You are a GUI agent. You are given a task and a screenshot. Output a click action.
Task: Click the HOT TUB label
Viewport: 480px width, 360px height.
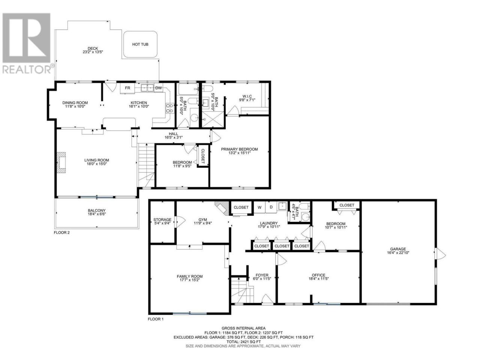(140, 44)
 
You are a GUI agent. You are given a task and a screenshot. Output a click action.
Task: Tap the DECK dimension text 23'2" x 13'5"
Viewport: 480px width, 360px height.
(93, 52)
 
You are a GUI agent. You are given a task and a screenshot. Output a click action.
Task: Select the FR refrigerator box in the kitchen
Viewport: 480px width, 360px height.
(127, 88)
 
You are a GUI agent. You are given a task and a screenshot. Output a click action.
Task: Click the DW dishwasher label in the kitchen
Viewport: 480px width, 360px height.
(159, 88)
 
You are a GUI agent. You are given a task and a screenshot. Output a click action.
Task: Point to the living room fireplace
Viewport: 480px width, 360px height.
(61, 163)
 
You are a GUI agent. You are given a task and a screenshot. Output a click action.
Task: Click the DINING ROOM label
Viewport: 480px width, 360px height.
(75, 103)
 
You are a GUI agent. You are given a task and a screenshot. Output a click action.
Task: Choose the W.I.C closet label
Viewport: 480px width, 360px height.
(247, 96)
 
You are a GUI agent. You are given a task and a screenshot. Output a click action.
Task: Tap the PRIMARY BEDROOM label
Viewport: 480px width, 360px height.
(239, 149)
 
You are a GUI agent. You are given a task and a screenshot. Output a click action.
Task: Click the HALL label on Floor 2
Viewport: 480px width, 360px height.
(173, 134)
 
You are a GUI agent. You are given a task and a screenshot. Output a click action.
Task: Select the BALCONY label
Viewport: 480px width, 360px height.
(97, 210)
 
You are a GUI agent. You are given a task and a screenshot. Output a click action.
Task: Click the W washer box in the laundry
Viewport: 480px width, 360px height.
(259, 207)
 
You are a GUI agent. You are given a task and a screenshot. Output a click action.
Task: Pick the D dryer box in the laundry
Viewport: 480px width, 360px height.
(271, 207)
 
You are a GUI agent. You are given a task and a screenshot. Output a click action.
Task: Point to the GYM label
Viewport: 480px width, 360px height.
(203, 220)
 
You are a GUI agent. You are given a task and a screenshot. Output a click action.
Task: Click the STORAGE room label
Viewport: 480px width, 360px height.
(162, 220)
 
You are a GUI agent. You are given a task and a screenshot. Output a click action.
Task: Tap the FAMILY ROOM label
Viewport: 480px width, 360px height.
(190, 276)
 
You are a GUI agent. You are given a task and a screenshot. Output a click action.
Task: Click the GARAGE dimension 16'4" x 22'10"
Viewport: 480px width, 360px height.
(398, 252)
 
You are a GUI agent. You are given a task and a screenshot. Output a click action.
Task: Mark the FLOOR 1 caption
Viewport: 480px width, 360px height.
(156, 319)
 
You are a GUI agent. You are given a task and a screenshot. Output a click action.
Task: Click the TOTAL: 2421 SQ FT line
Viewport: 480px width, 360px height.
(243, 341)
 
